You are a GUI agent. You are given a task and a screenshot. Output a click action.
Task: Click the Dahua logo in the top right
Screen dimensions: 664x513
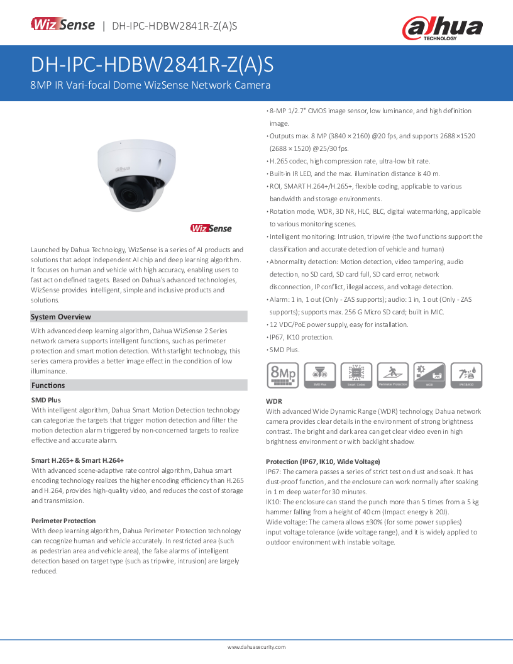point(443,28)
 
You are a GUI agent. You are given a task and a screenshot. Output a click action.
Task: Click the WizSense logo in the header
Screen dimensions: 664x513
point(63,25)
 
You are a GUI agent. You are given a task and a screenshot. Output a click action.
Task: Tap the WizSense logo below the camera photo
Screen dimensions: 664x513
point(211,228)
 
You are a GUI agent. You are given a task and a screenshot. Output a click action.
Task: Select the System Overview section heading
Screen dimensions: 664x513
point(61,317)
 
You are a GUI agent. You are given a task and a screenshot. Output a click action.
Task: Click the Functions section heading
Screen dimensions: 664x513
point(48,385)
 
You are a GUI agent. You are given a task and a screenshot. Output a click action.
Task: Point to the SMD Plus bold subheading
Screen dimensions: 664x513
point(46,400)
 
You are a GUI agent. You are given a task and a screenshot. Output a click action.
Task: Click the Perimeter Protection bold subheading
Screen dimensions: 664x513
point(63,521)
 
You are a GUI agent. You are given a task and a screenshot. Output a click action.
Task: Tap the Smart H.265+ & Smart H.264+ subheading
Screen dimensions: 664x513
point(77,460)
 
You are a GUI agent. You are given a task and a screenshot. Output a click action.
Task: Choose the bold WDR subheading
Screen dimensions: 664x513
point(274,401)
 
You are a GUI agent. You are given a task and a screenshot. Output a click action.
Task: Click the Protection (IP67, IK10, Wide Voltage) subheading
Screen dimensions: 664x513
point(323,462)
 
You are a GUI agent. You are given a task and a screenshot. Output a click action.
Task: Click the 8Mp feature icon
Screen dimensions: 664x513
point(283,375)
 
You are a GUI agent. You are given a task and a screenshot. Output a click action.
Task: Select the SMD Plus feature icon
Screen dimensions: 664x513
point(319,375)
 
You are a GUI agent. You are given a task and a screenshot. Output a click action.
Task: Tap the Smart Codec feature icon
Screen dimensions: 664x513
point(356,375)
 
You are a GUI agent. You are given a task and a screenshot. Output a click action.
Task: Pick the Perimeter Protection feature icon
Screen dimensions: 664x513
point(393,375)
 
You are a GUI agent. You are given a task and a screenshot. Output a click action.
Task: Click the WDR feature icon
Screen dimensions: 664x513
point(429,375)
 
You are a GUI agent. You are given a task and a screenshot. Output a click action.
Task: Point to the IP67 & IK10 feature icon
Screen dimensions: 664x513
point(466,375)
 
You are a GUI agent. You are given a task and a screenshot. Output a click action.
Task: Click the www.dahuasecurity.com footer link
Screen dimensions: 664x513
point(256,646)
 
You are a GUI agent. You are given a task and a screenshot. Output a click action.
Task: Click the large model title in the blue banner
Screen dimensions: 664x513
point(152,65)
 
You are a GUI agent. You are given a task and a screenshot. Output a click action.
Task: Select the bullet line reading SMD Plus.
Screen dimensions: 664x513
point(285,350)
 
